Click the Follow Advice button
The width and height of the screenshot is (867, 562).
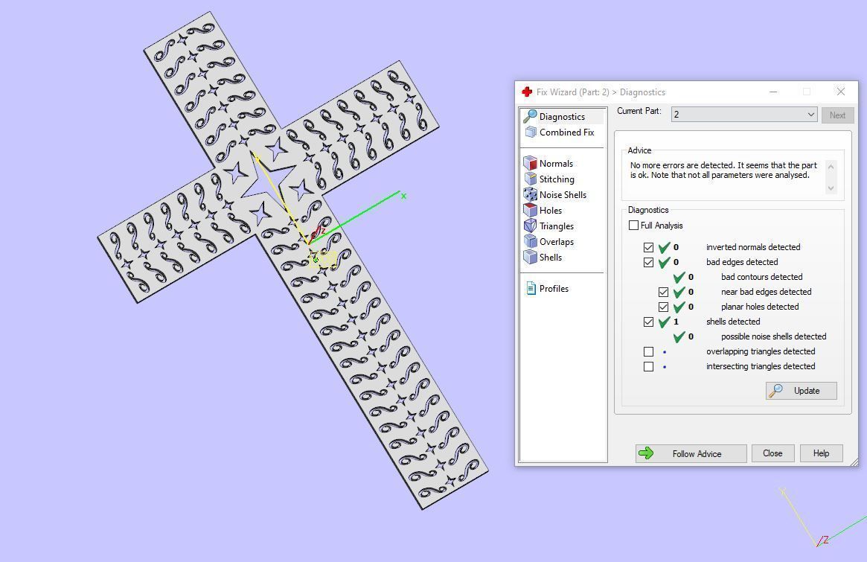click(x=691, y=453)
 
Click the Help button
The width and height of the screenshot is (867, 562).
click(x=821, y=453)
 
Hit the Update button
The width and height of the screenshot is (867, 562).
click(x=801, y=391)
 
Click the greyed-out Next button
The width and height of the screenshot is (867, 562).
click(x=837, y=115)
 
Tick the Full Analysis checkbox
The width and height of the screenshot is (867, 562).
click(x=634, y=226)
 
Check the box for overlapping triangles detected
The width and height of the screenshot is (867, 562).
click(x=649, y=351)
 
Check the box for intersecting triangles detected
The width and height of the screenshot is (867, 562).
click(x=649, y=366)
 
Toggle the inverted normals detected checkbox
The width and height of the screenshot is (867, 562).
click(x=649, y=247)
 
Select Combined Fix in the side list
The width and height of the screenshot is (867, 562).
click(x=566, y=132)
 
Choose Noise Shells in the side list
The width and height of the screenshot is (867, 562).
click(x=563, y=195)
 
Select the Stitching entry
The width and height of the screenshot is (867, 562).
click(x=557, y=179)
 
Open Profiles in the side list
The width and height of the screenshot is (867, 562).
click(x=554, y=289)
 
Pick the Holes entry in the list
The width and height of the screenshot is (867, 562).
click(x=551, y=211)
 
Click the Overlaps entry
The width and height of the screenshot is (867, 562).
click(x=557, y=242)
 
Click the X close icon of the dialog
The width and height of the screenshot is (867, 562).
click(x=841, y=92)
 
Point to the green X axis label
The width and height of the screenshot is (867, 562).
click(x=403, y=196)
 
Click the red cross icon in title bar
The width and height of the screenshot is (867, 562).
click(x=527, y=92)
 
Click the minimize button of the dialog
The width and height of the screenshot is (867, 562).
click(x=773, y=92)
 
